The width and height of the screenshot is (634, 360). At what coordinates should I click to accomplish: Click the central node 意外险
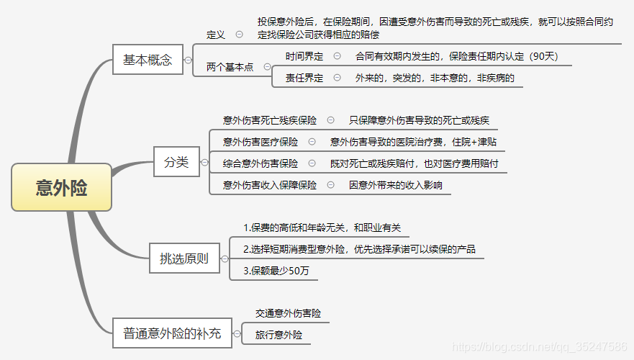62,187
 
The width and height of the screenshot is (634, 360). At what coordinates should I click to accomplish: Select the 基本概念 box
148,60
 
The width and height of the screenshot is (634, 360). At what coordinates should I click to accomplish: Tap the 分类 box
176,162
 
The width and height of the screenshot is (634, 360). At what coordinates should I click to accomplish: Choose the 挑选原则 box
184,258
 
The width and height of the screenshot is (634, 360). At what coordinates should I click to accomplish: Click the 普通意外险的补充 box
172,333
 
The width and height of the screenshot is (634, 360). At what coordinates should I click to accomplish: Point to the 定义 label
216,34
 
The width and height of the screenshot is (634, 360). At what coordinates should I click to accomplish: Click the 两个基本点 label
230,66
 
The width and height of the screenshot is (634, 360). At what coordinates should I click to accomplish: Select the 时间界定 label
304,55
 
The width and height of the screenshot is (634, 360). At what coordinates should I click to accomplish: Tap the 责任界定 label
304,78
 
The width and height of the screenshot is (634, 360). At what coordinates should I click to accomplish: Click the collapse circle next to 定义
239,34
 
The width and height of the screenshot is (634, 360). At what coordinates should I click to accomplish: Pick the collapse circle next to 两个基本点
267,66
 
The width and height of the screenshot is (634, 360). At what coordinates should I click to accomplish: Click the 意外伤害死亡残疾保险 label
270,120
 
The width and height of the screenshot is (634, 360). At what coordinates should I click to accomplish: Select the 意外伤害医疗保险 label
261,142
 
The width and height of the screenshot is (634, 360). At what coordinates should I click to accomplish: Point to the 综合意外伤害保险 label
261,163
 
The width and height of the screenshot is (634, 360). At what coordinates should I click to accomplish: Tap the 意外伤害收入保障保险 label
270,185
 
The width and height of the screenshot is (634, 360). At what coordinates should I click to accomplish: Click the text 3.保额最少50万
276,271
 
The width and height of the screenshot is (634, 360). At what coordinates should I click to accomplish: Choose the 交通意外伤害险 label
289,313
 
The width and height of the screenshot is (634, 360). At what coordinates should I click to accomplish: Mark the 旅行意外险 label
279,335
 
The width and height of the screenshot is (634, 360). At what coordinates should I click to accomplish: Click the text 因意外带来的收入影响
396,185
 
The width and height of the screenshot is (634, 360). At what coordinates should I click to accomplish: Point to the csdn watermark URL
540,347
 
